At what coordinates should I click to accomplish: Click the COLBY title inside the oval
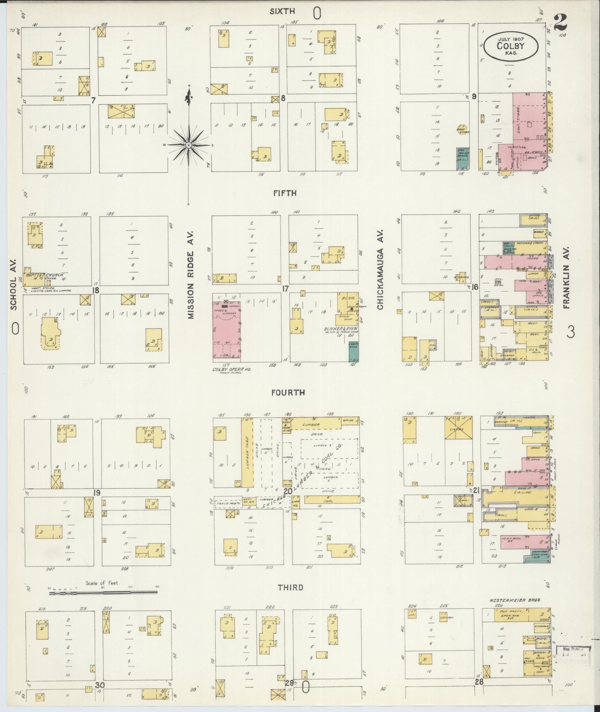511,46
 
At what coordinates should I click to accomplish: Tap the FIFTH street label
285,193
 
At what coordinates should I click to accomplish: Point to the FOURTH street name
288,392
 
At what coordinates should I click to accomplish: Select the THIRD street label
291,588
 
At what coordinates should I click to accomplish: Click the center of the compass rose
189,145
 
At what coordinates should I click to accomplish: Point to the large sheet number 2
560,23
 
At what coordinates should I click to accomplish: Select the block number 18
96,290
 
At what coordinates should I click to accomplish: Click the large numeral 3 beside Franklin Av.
570,332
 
